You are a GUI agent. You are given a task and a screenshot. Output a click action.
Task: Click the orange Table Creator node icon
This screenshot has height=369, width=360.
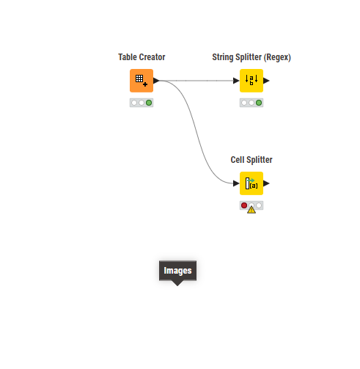(x=142, y=81)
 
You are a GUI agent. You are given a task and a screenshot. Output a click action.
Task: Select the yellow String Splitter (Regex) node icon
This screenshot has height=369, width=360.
(x=251, y=81)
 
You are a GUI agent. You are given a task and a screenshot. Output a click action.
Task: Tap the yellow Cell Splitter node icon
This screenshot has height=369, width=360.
(x=251, y=183)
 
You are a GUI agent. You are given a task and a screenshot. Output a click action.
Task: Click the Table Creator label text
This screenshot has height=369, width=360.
(x=142, y=57)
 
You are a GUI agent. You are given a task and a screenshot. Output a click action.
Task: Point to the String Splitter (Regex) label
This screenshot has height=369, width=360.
(x=251, y=57)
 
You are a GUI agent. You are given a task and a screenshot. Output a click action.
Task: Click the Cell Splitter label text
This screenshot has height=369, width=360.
(x=251, y=160)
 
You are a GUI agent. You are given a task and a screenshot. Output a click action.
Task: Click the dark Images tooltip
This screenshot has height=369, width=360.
(x=177, y=271)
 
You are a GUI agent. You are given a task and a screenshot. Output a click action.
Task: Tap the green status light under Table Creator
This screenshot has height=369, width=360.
(x=149, y=103)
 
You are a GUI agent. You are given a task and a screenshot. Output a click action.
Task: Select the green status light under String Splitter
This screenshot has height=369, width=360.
(x=259, y=103)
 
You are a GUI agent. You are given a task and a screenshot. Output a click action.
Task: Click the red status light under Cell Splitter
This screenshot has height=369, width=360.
(x=244, y=205)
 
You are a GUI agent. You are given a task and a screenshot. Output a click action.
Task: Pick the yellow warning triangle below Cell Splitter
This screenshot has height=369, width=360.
(x=251, y=210)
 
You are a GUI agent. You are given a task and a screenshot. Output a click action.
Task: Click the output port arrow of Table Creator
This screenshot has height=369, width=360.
(x=156, y=81)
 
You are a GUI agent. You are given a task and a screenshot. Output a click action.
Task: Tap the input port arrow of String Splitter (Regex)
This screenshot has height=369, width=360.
(x=236, y=81)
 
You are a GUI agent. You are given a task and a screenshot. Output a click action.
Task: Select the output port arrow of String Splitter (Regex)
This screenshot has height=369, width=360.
(x=266, y=81)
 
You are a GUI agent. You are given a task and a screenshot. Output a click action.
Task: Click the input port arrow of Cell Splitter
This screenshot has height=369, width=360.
(x=236, y=183)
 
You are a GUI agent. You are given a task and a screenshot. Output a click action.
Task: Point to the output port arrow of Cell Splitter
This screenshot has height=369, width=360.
(x=266, y=183)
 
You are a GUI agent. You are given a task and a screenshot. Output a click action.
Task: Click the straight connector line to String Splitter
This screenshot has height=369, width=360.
(x=196, y=81)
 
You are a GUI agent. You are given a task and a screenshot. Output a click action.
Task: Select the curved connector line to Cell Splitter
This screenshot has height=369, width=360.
(x=196, y=132)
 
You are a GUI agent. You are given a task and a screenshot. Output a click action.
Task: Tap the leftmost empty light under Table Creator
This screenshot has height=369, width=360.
(x=134, y=103)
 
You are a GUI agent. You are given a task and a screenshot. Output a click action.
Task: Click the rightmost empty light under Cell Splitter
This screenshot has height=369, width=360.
(x=259, y=205)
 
